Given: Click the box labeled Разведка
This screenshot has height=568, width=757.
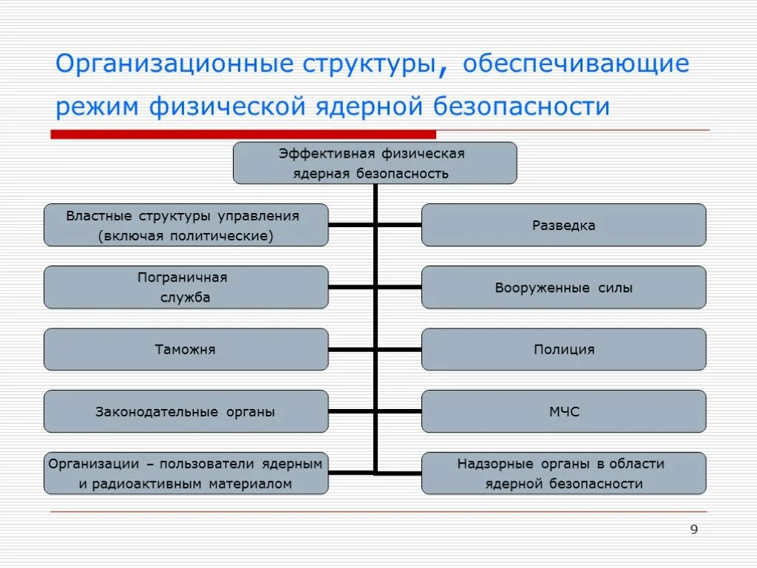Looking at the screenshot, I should click(563, 225).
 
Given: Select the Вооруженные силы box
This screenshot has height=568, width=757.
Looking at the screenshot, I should click(563, 288).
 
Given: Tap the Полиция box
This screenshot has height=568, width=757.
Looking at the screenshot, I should click(563, 349).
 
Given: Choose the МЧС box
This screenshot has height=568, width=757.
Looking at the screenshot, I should click(563, 411).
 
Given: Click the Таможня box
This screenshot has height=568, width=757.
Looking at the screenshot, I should click(186, 349).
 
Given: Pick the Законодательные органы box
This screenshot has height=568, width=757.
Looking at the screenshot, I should click(186, 411).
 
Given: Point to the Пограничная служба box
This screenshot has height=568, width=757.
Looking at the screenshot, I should click(186, 288).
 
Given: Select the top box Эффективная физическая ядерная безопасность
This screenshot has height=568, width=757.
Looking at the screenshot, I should click(375, 163).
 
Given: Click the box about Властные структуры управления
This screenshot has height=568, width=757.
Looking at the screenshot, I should click(186, 225).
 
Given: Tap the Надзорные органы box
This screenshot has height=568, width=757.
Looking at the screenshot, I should click(563, 473).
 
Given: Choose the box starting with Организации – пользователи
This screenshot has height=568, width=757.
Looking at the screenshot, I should click(186, 473).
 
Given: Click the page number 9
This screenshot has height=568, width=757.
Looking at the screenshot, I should click(693, 529).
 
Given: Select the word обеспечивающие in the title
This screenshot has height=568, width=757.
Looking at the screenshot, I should click(576, 64).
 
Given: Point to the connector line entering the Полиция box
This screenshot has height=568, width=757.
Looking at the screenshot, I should click(399, 349).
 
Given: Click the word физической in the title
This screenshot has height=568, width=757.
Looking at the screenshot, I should click(227, 106).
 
